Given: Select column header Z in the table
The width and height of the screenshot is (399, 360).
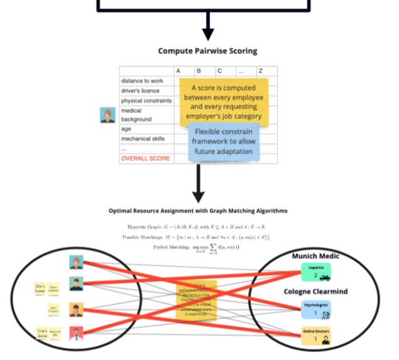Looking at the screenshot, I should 260,71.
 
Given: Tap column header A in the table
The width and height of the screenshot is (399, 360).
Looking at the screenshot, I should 178,71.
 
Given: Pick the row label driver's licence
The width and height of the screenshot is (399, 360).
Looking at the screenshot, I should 140,90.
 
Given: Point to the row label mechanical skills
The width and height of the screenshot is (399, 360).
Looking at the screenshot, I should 144,138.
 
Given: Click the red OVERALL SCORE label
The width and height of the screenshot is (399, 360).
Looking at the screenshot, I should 145,158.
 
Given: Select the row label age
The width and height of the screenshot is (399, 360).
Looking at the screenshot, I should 126,129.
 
